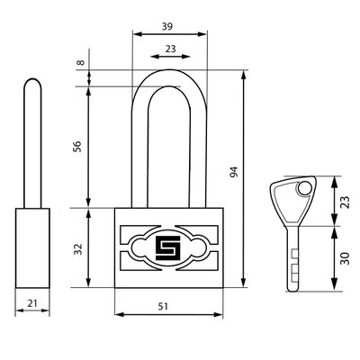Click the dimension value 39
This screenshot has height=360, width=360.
[167, 26]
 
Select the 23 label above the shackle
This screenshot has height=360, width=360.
[170, 49]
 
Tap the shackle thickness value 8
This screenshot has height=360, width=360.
[80, 63]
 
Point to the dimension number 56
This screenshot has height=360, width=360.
[77, 146]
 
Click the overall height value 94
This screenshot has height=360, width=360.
[233, 172]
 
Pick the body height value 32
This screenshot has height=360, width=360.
[77, 249]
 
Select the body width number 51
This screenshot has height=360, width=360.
[163, 306]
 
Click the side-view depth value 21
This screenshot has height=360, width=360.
[32, 303]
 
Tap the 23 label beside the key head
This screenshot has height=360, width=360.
[345, 202]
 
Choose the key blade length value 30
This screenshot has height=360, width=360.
[345, 258]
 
